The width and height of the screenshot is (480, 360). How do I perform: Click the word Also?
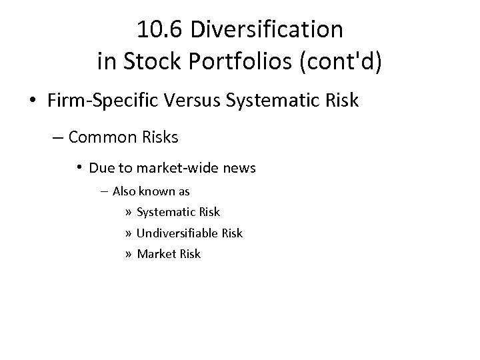(125, 191)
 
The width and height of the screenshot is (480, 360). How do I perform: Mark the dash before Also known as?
(105, 191)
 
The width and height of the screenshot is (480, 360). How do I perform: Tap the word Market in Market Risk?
(155, 253)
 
